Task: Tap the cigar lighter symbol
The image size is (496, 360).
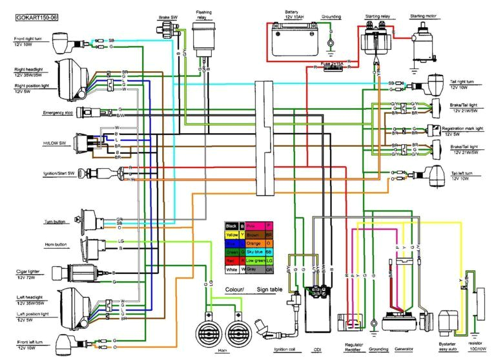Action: (x=81, y=273)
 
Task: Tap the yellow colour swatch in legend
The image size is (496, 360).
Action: (x=232, y=235)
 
